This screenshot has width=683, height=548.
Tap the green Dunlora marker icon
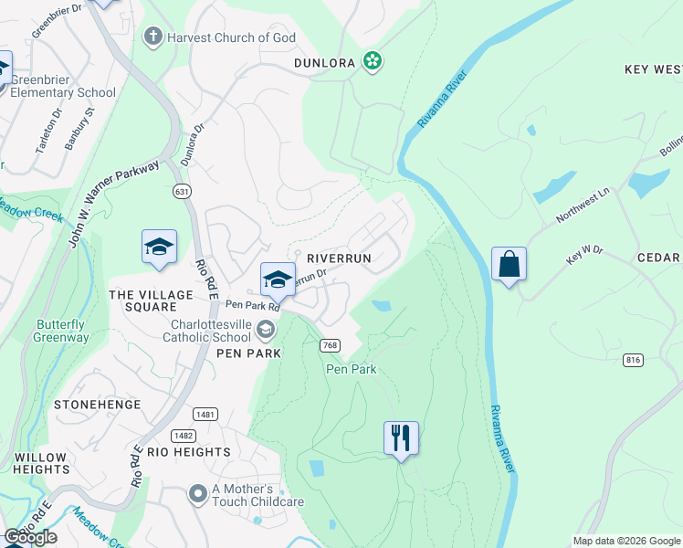[372, 61]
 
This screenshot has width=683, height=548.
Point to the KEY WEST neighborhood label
[653, 69]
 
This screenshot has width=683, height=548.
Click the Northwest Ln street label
[583, 210]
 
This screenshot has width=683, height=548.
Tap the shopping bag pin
[509, 265]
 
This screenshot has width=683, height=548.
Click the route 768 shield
[330, 345]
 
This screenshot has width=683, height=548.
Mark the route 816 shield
[633, 361]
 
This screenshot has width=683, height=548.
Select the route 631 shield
[184, 191]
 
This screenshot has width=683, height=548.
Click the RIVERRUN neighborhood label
[339, 258]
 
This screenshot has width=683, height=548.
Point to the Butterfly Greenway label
[63, 331]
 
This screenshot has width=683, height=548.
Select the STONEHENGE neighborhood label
[97, 404]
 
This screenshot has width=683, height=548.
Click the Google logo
[30, 537]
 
